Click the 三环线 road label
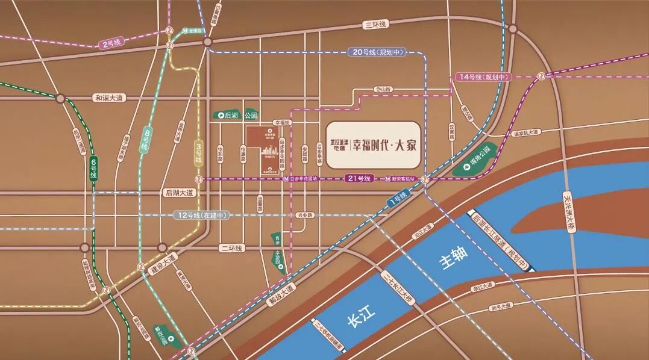click(375, 24)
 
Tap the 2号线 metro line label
click(112, 43)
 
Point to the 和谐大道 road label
click(108, 98)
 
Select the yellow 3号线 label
click(198, 154)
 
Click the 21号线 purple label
click(359, 179)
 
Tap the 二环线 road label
click(231, 248)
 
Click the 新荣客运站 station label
click(402, 179)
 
